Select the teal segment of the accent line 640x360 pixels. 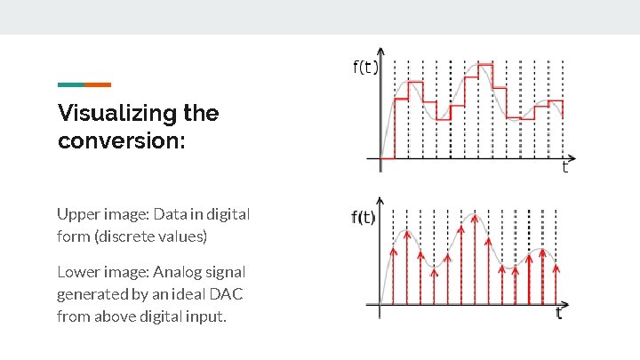coord(70,84)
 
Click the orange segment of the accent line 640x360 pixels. coord(98,84)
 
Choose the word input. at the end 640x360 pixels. coord(205,316)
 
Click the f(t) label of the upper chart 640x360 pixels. coord(364,68)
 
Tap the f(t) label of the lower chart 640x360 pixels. coord(363,218)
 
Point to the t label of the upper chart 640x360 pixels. coord(564,167)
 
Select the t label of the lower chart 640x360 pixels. coord(559,313)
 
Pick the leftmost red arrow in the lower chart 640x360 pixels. coord(393,276)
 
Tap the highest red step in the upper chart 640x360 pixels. coord(484,65)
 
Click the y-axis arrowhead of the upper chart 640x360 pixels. coord(382,51)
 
